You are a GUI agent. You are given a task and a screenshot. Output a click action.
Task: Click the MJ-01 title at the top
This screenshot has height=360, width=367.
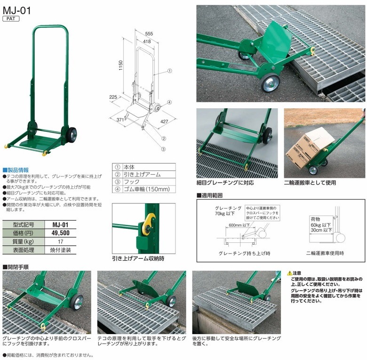click(x=16, y=10)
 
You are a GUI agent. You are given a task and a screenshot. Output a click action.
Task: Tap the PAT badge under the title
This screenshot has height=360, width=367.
click(x=11, y=19)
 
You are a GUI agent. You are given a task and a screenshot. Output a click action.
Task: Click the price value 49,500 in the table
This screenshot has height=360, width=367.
click(x=60, y=233)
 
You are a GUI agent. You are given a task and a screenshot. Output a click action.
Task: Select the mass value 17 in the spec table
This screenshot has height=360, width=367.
click(x=60, y=241)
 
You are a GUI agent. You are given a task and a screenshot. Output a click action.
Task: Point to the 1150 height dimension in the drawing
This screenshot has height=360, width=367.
click(x=120, y=65)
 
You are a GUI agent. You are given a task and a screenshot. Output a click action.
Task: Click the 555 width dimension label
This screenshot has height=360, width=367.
click(x=149, y=34)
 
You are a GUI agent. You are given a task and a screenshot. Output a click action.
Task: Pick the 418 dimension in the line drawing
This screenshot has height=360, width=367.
click(x=147, y=42)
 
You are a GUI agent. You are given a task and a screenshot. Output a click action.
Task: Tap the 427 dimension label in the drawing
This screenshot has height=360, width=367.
click(x=164, y=121)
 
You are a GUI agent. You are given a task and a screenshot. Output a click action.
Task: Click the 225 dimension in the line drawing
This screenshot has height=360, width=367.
click(x=113, y=97)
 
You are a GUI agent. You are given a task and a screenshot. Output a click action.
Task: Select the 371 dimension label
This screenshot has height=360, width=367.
click(x=120, y=120)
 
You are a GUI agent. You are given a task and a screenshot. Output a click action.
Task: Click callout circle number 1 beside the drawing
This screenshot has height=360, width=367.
click(x=170, y=71)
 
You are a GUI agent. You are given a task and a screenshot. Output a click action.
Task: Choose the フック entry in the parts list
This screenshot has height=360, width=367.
click(x=132, y=182)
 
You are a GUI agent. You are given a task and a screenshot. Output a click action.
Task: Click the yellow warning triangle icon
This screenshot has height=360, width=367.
click(x=290, y=273)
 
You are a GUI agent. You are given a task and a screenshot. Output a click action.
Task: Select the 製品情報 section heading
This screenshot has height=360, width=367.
click(x=16, y=170)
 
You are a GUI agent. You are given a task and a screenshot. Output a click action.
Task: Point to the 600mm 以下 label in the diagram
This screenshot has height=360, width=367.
click(x=239, y=225)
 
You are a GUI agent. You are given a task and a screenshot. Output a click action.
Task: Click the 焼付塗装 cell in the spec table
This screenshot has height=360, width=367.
click(x=60, y=250)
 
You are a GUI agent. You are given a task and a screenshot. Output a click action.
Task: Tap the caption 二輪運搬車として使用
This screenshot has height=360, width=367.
click(x=310, y=183)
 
